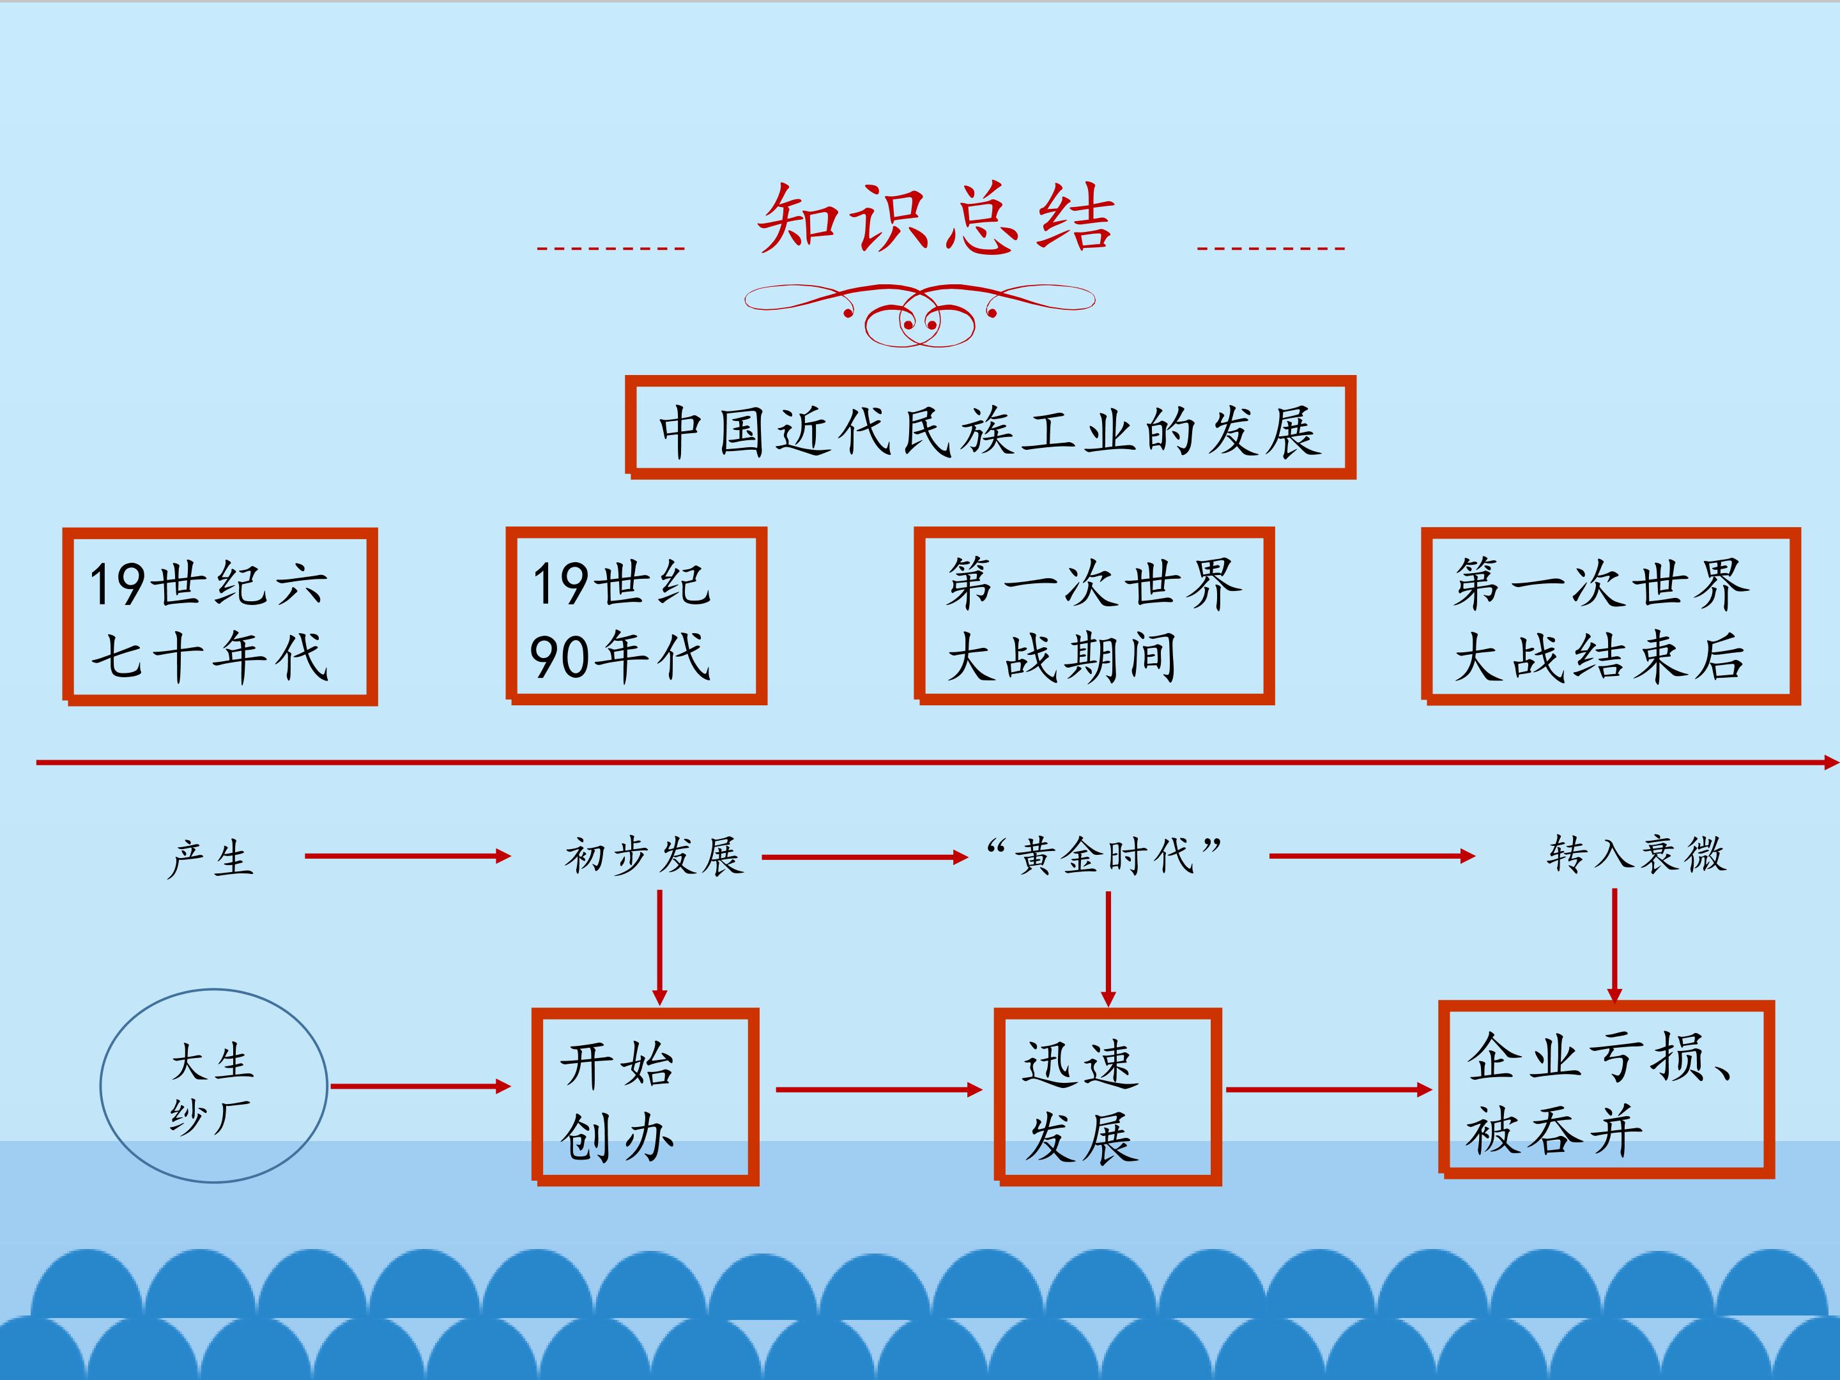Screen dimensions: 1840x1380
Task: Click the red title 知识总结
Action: pyautogui.click(x=936, y=218)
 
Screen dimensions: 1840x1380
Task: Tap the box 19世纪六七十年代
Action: pyautogui.click(x=220, y=617)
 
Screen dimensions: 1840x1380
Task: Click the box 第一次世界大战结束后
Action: pyautogui.click(x=1611, y=617)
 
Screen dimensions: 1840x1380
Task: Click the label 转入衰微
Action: pyautogui.click(x=1636, y=854)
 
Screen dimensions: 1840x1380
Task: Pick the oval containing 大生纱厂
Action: pyautogui.click(x=214, y=1085)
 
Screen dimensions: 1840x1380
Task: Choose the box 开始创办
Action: pyautogui.click(x=645, y=1096)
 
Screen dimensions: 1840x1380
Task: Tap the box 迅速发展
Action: pyautogui.click(x=1108, y=1096)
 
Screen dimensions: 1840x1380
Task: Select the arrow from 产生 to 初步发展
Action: pyautogui.click(x=408, y=856)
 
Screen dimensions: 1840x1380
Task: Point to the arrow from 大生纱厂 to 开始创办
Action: pyautogui.click(x=420, y=1085)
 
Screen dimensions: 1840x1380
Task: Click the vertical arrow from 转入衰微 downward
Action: pyautogui.click(x=1614, y=946)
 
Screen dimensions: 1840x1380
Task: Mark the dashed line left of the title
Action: pyautogui.click(x=611, y=248)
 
